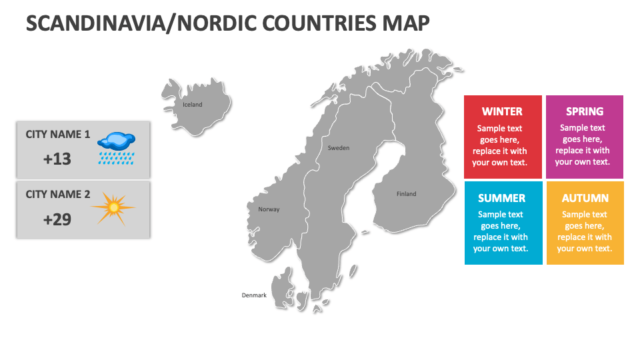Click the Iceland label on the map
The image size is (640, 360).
(193, 105)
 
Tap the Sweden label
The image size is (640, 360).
(338, 148)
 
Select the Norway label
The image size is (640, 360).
(269, 209)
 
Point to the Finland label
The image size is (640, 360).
(406, 194)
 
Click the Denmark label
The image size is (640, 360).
(254, 295)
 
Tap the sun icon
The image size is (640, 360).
(113, 208)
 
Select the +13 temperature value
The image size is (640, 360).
(57, 159)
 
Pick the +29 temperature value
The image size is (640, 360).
(57, 219)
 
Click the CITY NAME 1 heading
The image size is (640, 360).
(57, 134)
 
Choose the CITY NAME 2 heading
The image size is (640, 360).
(57, 194)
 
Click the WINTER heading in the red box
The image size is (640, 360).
(502, 111)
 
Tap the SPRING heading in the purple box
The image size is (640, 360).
(585, 111)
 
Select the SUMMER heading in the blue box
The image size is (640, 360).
(501, 198)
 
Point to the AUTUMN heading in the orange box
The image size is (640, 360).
(585, 198)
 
